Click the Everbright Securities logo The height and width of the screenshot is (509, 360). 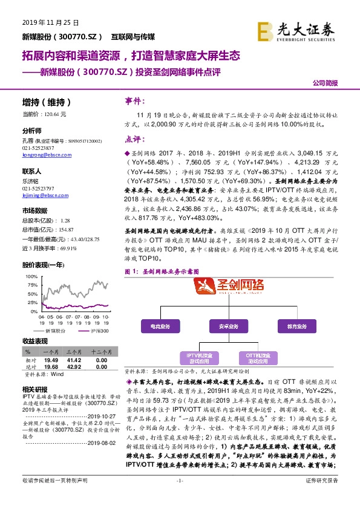point(296,29)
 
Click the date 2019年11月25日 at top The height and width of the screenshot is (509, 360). point(50,23)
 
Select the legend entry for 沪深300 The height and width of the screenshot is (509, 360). point(97,331)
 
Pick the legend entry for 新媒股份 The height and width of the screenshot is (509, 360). point(59,331)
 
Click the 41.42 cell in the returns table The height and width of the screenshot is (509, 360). point(74,358)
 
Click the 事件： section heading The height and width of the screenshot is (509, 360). point(136,100)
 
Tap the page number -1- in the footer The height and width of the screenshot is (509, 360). point(179,498)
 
